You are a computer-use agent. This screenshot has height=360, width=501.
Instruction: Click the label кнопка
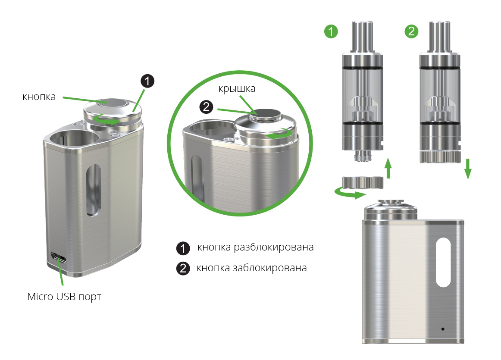click(39, 97)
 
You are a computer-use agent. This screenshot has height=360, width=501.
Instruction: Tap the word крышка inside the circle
click(237, 89)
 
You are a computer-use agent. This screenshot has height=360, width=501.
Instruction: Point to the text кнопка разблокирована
click(255, 247)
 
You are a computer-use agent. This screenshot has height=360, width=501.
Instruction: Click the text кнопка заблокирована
click(252, 268)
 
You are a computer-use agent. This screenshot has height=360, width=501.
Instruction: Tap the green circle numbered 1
click(331, 31)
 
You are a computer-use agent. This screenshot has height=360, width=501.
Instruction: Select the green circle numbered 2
click(411, 31)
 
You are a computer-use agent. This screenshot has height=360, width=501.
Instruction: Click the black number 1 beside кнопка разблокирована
click(183, 248)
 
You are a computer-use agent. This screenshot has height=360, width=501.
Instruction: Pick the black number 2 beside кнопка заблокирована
click(183, 268)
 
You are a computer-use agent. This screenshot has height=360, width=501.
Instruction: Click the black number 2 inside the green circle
click(207, 107)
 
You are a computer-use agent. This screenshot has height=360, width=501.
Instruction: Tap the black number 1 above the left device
click(147, 81)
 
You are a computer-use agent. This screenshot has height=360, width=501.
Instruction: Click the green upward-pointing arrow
click(388, 168)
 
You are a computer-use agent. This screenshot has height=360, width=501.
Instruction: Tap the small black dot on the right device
click(443, 329)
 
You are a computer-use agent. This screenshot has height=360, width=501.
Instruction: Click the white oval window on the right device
click(443, 263)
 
